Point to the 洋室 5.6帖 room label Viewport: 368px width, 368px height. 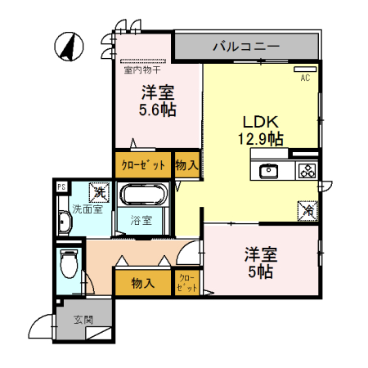tap(157, 100)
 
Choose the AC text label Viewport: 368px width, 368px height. tap(304, 79)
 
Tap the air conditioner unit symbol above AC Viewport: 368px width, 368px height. tap(304, 69)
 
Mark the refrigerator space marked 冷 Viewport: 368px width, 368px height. tap(307, 210)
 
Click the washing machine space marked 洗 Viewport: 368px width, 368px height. tap(98, 193)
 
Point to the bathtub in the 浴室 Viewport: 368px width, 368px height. tap(143, 195)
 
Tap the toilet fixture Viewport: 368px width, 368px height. tap(69, 263)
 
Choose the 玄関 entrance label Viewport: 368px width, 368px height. tap(83, 320)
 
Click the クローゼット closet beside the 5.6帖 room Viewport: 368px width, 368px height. tap(143, 165)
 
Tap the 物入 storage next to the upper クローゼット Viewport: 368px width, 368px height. tap(186, 165)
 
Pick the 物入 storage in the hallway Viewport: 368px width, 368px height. tap(143, 283)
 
